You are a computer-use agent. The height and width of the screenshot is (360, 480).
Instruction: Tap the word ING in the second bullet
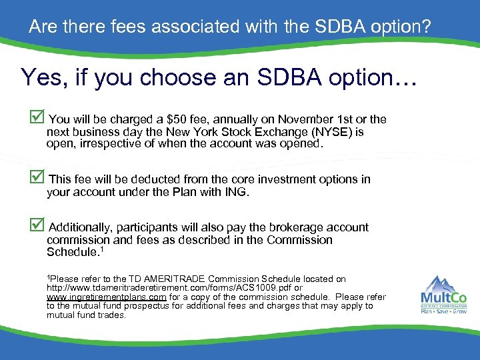pyautogui.click(x=237, y=192)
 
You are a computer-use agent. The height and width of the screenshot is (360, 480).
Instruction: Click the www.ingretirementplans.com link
pyautogui.click(x=107, y=297)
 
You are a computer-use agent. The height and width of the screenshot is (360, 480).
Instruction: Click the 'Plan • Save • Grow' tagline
pyautogui.click(x=443, y=311)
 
